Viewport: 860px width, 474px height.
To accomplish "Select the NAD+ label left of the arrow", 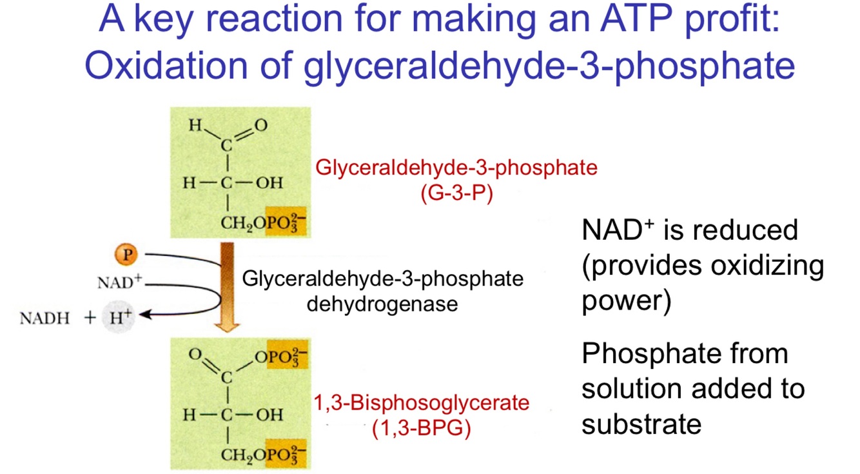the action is tap(119, 282).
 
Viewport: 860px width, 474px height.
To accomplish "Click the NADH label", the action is tap(44, 318).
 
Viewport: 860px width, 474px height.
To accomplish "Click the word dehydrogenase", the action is tap(382, 303).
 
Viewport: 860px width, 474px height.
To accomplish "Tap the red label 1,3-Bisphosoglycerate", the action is tap(421, 403).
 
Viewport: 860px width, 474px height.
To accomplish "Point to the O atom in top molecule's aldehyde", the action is tap(260, 126).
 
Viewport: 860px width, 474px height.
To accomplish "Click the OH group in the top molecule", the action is tap(269, 183).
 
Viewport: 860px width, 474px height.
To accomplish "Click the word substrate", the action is tap(641, 424).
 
